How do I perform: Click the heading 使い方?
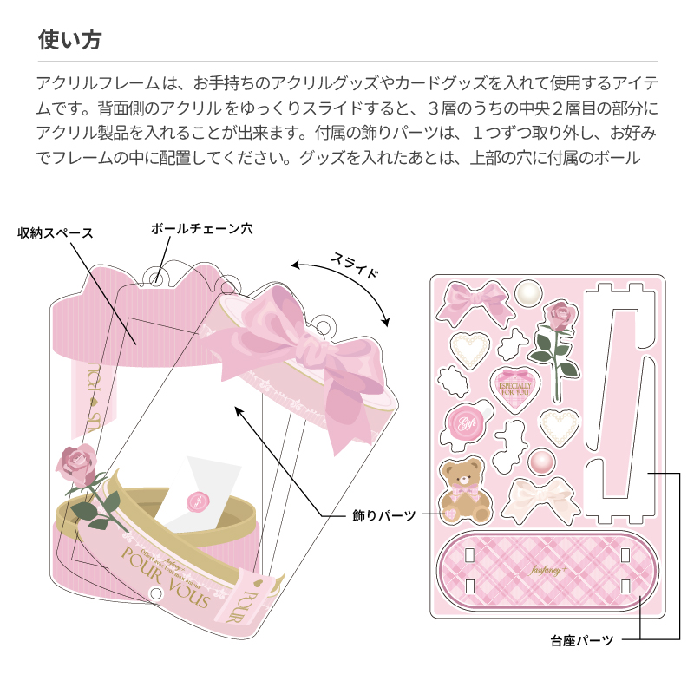[x=71, y=41]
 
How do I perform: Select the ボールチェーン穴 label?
[x=201, y=228]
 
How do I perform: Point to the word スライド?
[x=355, y=265]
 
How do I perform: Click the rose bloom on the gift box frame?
[x=79, y=463]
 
